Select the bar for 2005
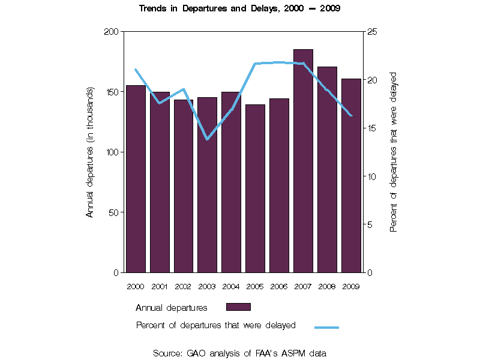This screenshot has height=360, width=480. pyautogui.click(x=255, y=188)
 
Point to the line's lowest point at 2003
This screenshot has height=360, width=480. pyautogui.click(x=207, y=139)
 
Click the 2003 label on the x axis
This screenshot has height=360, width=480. pyautogui.click(x=207, y=286)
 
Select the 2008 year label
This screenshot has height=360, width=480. pyautogui.click(x=327, y=286)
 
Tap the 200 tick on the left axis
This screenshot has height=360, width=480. pyautogui.click(x=111, y=31)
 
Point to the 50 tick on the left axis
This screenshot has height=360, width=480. pyautogui.click(x=113, y=212)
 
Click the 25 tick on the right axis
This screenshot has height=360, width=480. pyautogui.click(x=371, y=31)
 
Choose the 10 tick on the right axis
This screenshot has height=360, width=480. pyautogui.click(x=371, y=176)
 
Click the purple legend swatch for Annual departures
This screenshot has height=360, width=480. pyautogui.click(x=238, y=307)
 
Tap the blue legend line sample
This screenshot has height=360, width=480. pyautogui.click(x=326, y=327)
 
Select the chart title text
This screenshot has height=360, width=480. pyautogui.click(x=240, y=9)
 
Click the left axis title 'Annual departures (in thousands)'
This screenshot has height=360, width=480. pyautogui.click(x=90, y=152)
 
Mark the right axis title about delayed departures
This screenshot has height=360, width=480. pyautogui.click(x=394, y=152)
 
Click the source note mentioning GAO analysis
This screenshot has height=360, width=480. pyautogui.click(x=240, y=353)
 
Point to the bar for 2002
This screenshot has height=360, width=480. pyautogui.click(x=184, y=186)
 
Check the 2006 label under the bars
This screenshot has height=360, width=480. pyautogui.click(x=279, y=286)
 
